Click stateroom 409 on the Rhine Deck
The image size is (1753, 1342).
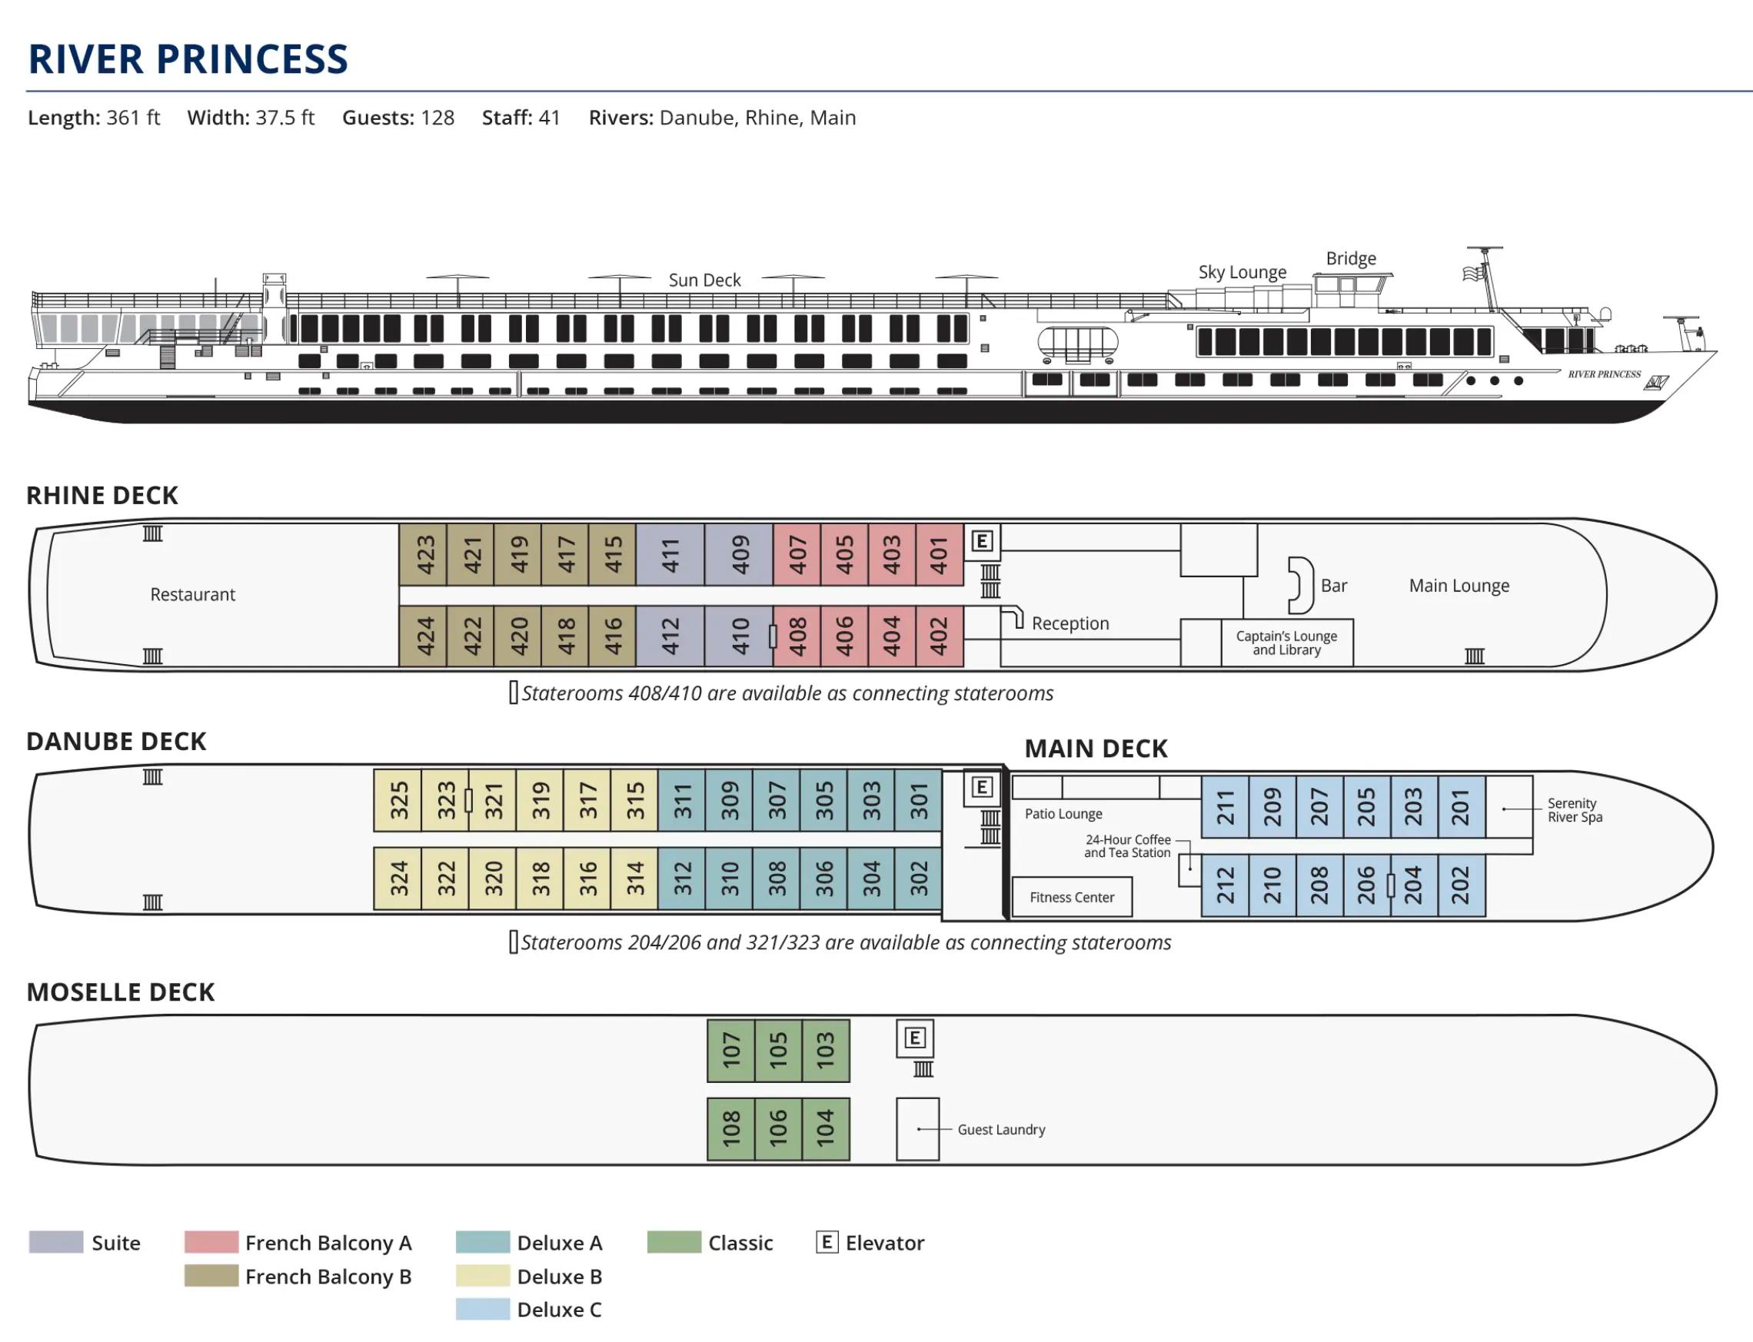[x=739, y=555]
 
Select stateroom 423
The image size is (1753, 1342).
[x=424, y=555]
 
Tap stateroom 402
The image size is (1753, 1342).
[x=939, y=636]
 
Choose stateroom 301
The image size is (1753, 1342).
[x=919, y=800]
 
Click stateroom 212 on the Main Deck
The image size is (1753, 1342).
[x=1225, y=885]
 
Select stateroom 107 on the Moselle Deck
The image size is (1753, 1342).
[x=731, y=1051]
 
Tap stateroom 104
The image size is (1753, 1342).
[x=825, y=1129]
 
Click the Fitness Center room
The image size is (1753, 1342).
[x=1072, y=897]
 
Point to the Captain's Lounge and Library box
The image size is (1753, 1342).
[x=1286, y=643]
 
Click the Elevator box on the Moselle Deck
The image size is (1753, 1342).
[x=915, y=1038]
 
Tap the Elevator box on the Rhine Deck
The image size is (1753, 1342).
[x=982, y=541]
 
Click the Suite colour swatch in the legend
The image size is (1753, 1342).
[x=56, y=1242]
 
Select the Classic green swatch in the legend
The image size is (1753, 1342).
[x=674, y=1242]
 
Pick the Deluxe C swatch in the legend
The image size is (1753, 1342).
[x=483, y=1309]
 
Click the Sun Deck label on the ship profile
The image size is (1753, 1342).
[x=704, y=281]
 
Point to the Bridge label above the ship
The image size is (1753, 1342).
[x=1351, y=259]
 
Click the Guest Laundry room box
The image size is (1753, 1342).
[x=917, y=1129]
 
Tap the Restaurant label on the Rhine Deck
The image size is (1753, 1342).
[x=192, y=594]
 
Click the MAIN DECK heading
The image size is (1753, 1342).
[x=1096, y=749]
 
